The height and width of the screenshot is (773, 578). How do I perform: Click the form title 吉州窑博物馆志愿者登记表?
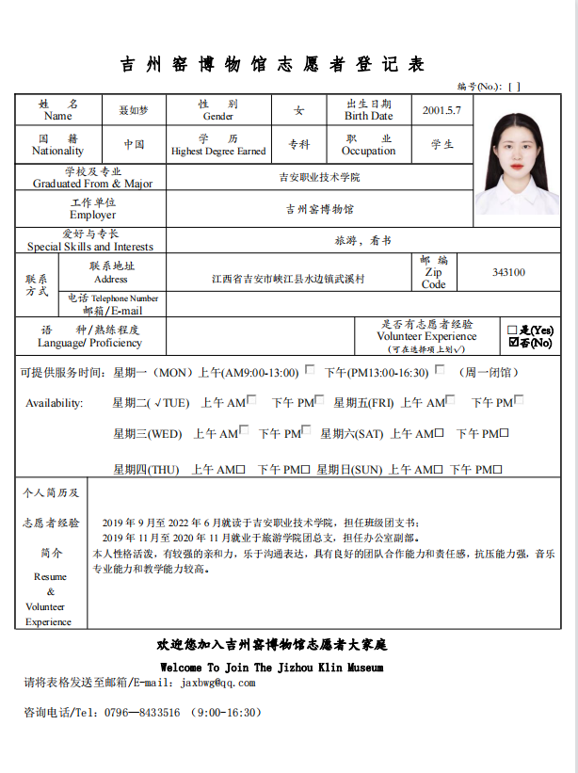273,64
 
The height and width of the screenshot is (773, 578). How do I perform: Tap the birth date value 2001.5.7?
442,110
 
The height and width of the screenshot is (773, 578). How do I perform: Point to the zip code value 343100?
508,273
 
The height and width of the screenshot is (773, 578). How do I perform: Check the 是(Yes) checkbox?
512,330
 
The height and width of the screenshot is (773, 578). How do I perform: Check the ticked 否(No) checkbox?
513,343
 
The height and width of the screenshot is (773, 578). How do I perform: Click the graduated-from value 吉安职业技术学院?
319,177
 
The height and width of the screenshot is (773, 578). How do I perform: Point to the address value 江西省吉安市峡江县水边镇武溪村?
287,280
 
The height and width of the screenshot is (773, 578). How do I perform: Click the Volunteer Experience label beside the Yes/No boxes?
426,336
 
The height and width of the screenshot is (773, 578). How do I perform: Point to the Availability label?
55,403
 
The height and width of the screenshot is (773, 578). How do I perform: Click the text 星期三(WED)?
148,434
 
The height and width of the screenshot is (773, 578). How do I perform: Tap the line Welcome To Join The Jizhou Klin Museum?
272,668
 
